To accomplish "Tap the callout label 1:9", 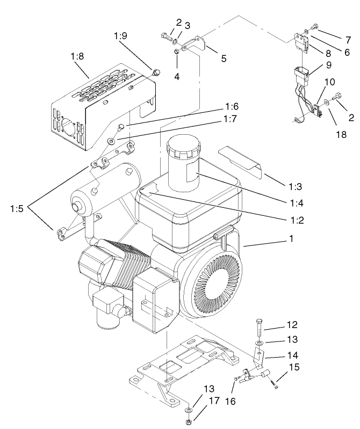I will pyautogui.click(x=121, y=36).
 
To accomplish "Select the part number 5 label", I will pyautogui.click(x=223, y=59).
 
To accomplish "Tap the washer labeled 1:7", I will pyautogui.click(x=111, y=141).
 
